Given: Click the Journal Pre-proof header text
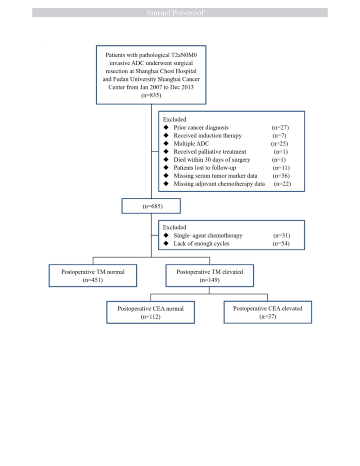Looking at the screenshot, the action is [175, 13].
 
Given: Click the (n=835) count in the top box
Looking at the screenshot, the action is [151, 95].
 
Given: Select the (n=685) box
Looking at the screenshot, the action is [151, 206].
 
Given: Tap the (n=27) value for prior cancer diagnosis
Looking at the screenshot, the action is [280, 127].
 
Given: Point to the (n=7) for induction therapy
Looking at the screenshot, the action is [279, 135].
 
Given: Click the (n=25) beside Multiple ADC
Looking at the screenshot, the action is [279, 144].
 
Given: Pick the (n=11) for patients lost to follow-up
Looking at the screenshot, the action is [281, 168].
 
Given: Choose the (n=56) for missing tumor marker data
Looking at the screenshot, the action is [281, 175].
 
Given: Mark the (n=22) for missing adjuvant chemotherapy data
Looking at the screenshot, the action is [282, 184].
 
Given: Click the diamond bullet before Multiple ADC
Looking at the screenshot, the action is [166, 143].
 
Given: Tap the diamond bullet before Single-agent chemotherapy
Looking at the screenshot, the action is [166, 235].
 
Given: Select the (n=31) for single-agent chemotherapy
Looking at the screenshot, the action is [282, 235].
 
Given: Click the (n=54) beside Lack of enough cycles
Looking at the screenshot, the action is [281, 243].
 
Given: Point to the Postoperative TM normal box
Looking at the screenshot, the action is [93, 276].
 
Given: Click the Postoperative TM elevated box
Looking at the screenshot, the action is [210, 276].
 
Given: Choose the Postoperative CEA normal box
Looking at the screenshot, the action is [150, 312].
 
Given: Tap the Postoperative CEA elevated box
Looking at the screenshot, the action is [268, 312].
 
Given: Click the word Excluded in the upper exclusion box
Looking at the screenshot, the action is [175, 119].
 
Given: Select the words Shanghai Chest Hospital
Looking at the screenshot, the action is [166, 71].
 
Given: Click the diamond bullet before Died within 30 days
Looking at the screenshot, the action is [166, 159].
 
